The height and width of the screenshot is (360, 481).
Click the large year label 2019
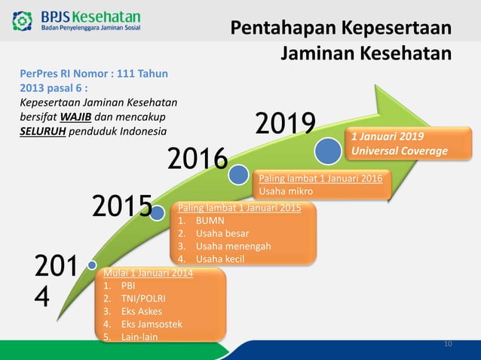tap(284, 127)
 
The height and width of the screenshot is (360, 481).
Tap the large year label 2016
tap(197, 160)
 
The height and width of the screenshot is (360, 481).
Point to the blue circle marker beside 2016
tap(239, 175)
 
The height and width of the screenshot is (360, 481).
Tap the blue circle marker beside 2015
tap(158, 213)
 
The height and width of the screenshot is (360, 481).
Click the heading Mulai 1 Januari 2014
tap(148, 273)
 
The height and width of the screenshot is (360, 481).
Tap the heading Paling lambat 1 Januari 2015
tap(239, 208)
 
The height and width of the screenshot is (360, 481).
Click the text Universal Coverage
tap(399, 151)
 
